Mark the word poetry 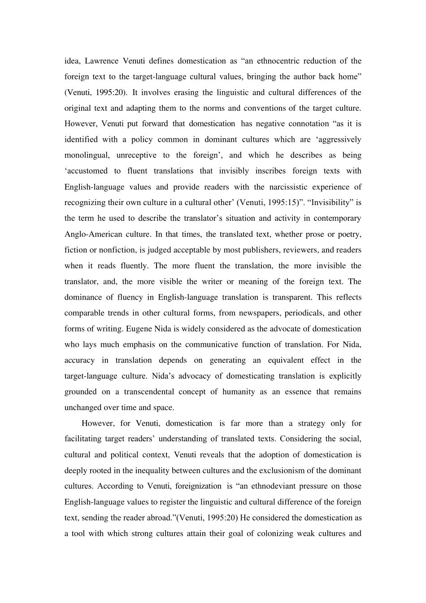[349, 234]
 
